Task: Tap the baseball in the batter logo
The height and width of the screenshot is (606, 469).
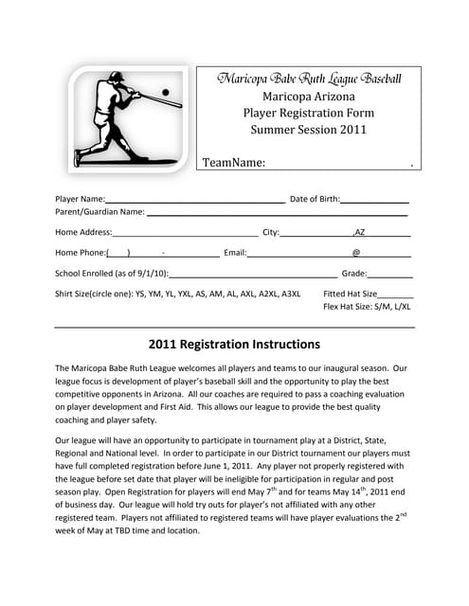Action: pos(166,92)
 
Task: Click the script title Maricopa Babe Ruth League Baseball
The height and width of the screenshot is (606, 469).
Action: pos(310,79)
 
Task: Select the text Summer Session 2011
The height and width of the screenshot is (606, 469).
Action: pos(310,130)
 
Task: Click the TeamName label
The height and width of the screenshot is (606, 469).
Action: pos(233,163)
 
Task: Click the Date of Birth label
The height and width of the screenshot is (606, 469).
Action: pos(314,199)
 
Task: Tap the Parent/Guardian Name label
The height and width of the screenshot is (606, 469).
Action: pos(99,211)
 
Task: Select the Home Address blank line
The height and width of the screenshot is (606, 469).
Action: pos(185,234)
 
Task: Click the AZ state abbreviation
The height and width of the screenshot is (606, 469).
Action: pos(360,231)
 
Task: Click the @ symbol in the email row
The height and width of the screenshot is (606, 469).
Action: pos(356,253)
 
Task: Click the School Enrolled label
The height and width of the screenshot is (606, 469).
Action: pos(112,274)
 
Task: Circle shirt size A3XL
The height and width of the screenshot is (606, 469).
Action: pos(290,294)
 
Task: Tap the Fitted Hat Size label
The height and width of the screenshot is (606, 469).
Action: pos(350,294)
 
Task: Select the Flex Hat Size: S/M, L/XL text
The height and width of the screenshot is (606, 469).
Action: pos(367,306)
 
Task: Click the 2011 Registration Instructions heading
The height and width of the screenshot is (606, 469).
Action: pos(234,344)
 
